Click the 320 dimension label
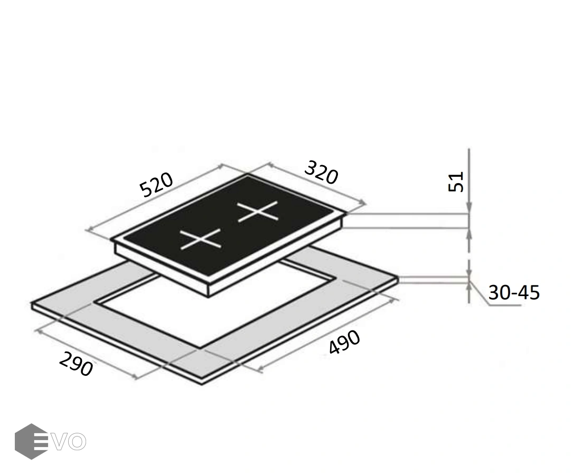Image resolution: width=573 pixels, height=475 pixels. click(321, 173)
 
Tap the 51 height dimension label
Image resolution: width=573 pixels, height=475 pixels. click(456, 182)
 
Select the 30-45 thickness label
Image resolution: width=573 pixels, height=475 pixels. click(514, 292)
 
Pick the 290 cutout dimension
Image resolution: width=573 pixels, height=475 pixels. click(76, 364)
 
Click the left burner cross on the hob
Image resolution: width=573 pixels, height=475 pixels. click(200, 239)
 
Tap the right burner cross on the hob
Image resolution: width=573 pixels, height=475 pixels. click(258, 212)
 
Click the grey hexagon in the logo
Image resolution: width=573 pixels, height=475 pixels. click(31, 441)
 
